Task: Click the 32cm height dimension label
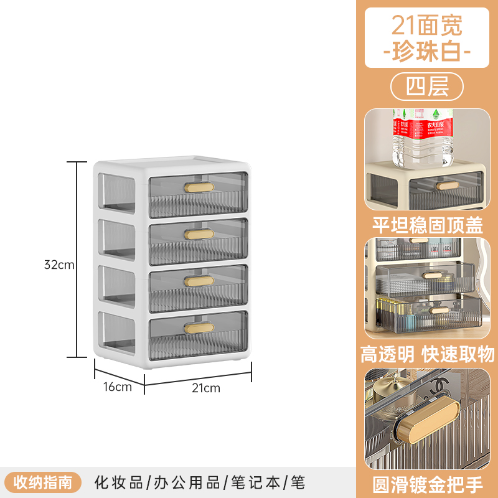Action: tap(59, 264)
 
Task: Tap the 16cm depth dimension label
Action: tap(118, 387)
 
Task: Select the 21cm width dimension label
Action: tap(205, 388)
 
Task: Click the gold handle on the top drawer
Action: tap(199, 186)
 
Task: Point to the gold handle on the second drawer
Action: tap(199, 233)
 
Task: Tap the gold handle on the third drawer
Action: tap(199, 281)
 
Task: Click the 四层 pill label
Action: tap(427, 87)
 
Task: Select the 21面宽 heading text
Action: tap(427, 26)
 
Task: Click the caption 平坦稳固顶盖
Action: tap(427, 224)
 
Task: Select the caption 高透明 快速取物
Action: tap(427, 354)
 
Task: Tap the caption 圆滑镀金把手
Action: tap(427, 484)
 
